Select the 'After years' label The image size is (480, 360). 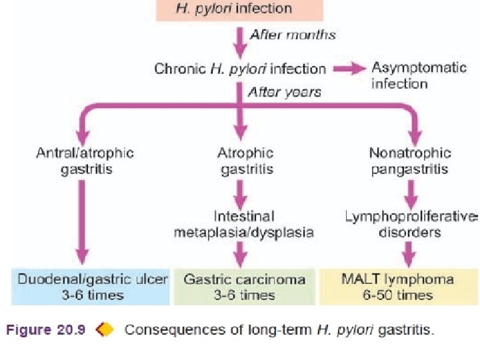click(x=284, y=92)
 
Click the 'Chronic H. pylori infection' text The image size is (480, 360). click(x=240, y=68)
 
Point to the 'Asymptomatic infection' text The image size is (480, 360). click(x=399, y=75)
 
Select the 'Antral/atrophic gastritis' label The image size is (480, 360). click(x=85, y=160)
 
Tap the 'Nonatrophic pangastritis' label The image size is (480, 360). click(x=410, y=160)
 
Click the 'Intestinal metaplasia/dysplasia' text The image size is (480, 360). click(x=244, y=224)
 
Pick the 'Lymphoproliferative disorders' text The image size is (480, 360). click(x=411, y=224)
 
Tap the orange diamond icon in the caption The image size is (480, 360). click(x=105, y=329)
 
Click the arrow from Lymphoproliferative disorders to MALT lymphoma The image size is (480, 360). click(x=411, y=254)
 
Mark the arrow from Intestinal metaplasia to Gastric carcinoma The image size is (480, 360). click(x=241, y=254)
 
